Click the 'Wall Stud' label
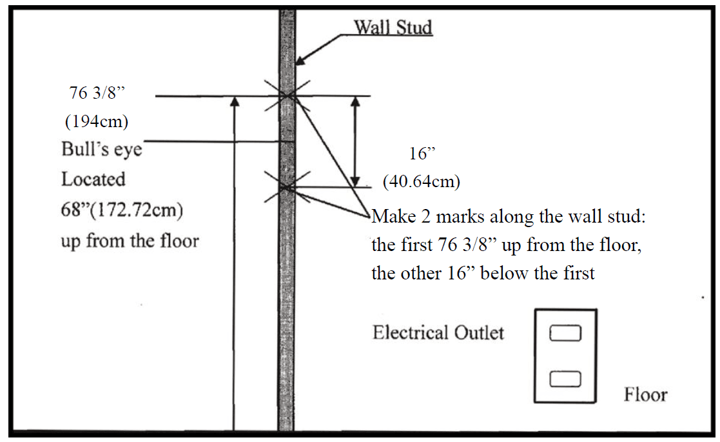pos(393,28)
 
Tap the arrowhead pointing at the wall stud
pos(298,61)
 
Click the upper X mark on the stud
pos(287,96)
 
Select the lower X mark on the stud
pos(287,187)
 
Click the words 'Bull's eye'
pos(101,150)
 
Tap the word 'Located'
pos(93,179)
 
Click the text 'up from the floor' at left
pos(130,241)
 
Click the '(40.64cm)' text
pos(421,182)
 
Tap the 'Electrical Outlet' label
pos(438,333)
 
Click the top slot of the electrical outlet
pos(565,333)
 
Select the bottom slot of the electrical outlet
pos(565,379)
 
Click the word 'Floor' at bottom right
pos(645,394)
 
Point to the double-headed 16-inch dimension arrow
pos(355,141)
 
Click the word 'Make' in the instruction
pos(392,217)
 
